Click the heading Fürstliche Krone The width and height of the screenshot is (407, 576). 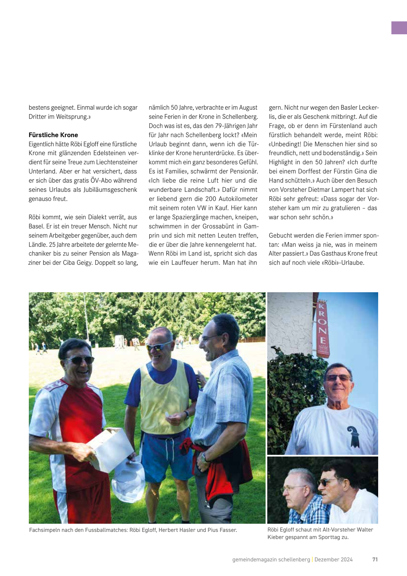(53, 135)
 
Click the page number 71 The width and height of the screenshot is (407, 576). (375, 559)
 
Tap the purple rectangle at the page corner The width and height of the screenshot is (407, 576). (399, 28)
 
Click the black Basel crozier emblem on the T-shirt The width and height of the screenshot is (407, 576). (353, 437)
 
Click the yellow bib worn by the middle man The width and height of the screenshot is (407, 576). (165, 397)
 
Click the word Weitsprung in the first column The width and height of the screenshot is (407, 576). (72, 117)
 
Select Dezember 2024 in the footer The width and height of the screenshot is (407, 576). (333, 559)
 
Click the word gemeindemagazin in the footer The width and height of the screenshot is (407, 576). (254, 559)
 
